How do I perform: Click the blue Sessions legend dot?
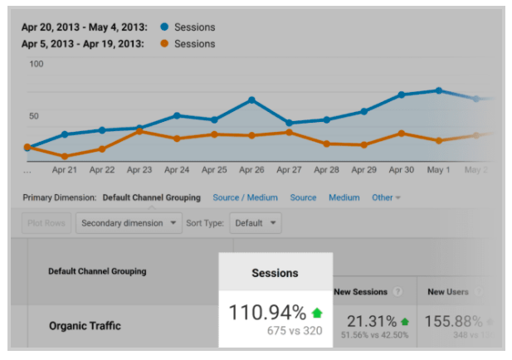tap(163, 27)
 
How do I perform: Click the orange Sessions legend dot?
tap(163, 43)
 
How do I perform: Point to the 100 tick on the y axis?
tap(36, 64)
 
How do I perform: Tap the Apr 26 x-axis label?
tap(251, 170)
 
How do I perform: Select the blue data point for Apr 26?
tap(251, 100)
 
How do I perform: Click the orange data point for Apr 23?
tap(139, 131)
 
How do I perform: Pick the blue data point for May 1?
tap(438, 90)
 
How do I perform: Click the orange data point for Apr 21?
tap(65, 156)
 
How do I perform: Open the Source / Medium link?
tap(245, 197)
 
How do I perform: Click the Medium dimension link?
tap(344, 197)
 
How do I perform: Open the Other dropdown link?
tap(386, 197)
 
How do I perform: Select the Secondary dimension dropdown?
tap(129, 223)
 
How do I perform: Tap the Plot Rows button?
tap(46, 223)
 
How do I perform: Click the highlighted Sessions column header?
tap(275, 273)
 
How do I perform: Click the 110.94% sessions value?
tap(268, 313)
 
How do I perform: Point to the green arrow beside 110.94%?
tap(317, 313)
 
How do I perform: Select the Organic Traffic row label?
tap(84, 326)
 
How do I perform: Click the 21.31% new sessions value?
tap(371, 321)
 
